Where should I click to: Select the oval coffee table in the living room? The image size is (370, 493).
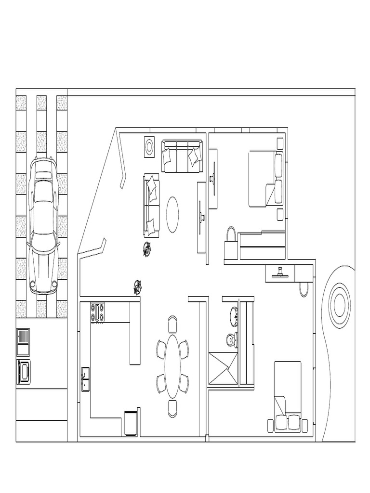pyautogui.click(x=172, y=214)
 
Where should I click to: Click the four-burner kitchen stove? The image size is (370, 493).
pyautogui.click(x=97, y=312)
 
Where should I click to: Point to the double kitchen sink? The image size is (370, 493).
pyautogui.click(x=85, y=379)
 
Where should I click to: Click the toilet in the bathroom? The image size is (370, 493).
pyautogui.click(x=232, y=340)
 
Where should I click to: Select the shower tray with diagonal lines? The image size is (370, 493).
pyautogui.click(x=223, y=368)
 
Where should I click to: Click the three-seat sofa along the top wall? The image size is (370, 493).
pyautogui.click(x=181, y=156)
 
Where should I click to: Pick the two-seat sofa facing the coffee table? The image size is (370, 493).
pyautogui.click(x=151, y=205)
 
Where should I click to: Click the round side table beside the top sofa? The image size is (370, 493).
pyautogui.click(x=150, y=146)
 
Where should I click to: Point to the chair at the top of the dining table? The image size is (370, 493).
pyautogui.click(x=172, y=324)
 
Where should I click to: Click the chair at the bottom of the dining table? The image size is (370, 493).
pyautogui.click(x=172, y=408)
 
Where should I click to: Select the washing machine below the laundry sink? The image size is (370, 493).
pyautogui.click(x=24, y=372)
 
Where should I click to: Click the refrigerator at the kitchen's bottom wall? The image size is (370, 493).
pyautogui.click(x=132, y=423)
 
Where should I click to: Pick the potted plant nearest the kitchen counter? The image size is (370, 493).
pyautogui.click(x=138, y=287)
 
